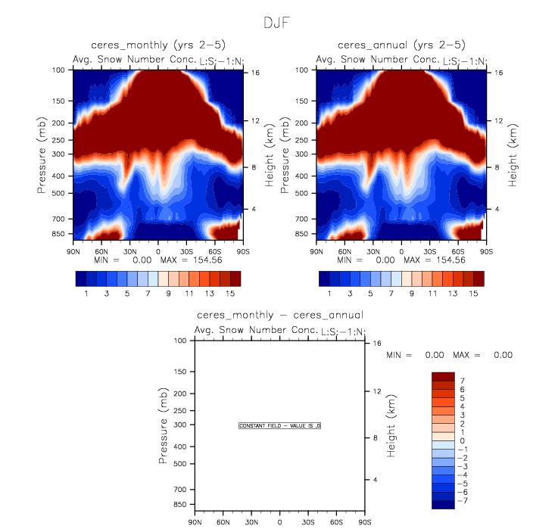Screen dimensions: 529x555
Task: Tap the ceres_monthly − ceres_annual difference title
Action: [x=279, y=315]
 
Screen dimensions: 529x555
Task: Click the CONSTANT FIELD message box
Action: [x=280, y=426]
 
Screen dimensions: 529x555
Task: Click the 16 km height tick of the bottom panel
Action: [x=376, y=344]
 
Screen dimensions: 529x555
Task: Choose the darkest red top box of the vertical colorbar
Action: [x=443, y=376]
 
